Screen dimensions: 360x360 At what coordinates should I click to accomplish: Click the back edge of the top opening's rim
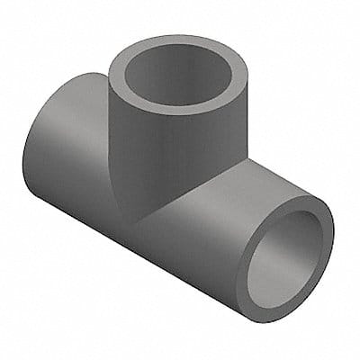pyautogui.click(x=171, y=39)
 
